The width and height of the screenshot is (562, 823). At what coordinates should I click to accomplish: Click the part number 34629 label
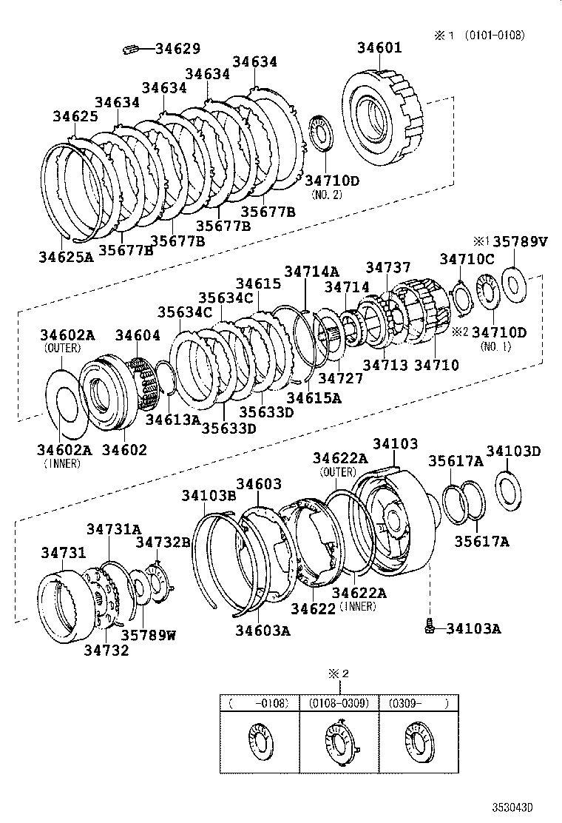[x=177, y=49]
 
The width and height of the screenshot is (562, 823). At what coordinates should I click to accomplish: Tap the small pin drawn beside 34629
[x=132, y=50]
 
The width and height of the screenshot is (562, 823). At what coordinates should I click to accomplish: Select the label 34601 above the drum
[x=379, y=48]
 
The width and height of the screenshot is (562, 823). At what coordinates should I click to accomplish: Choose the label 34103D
[x=513, y=451]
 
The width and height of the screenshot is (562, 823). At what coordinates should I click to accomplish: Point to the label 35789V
[x=521, y=241]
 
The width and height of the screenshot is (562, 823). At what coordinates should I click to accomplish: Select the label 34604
[x=137, y=335]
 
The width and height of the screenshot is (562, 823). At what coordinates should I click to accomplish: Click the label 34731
[x=64, y=553]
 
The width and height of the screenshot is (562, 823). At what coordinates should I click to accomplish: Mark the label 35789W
[x=149, y=634]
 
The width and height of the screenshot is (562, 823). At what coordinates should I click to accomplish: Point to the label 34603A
[x=263, y=630]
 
